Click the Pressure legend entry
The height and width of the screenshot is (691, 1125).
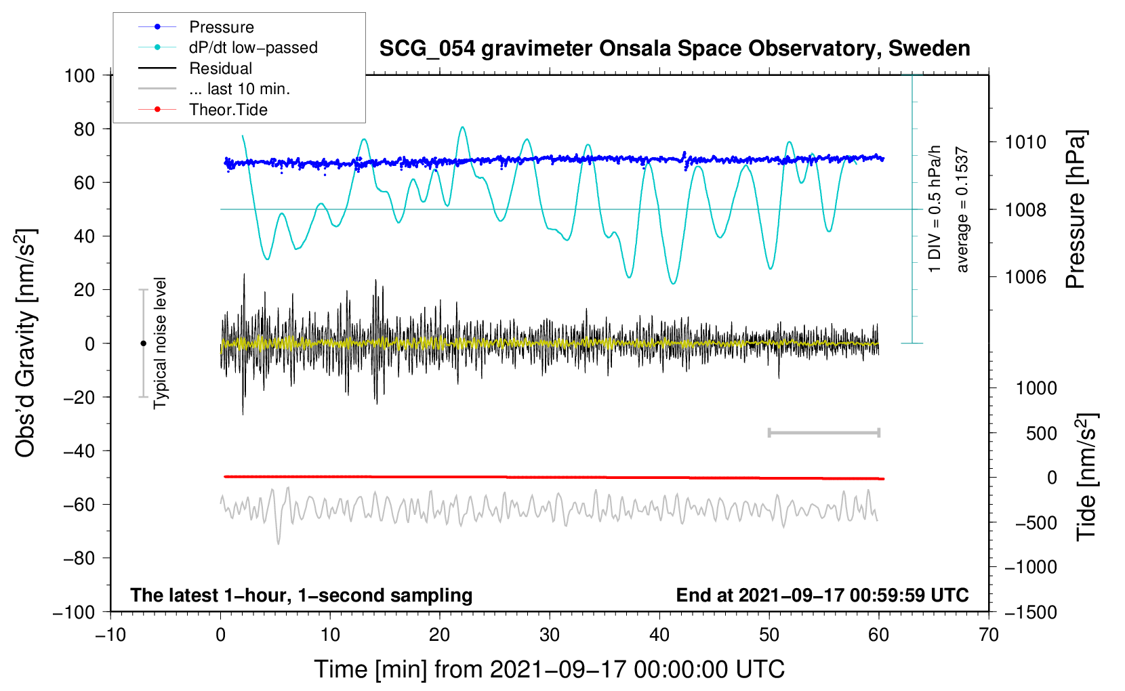pyautogui.click(x=221, y=27)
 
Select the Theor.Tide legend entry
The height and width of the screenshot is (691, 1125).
pyautogui.click(x=228, y=110)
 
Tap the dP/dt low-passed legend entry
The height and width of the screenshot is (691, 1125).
pyautogui.click(x=253, y=47)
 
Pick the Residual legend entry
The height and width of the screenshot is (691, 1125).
pyautogui.click(x=220, y=68)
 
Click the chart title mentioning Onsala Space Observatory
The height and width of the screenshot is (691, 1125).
pyautogui.click(x=674, y=49)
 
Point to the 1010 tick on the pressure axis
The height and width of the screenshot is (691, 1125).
pyautogui.click(x=1025, y=142)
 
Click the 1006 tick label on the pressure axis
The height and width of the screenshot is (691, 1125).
pyautogui.click(x=1025, y=276)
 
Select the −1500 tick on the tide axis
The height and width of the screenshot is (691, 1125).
pyautogui.click(x=1030, y=612)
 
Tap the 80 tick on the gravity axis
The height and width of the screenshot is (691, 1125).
pyautogui.click(x=84, y=129)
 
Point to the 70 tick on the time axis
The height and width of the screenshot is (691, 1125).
pyautogui.click(x=989, y=635)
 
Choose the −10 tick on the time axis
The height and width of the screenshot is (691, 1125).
pyautogui.click(x=110, y=635)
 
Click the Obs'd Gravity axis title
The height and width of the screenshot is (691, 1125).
pyautogui.click(x=25, y=343)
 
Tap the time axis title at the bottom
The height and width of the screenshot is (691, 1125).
pyautogui.click(x=549, y=669)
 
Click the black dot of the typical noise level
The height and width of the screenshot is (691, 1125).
pyautogui.click(x=143, y=343)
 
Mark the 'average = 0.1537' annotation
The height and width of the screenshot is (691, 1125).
pyautogui.click(x=962, y=210)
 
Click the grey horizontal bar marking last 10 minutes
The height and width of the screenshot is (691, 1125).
pyautogui.click(x=823, y=432)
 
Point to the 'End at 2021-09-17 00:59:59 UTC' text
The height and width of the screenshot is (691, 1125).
pyautogui.click(x=822, y=595)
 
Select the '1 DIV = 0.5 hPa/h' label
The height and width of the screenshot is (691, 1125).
pyautogui.click(x=935, y=209)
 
